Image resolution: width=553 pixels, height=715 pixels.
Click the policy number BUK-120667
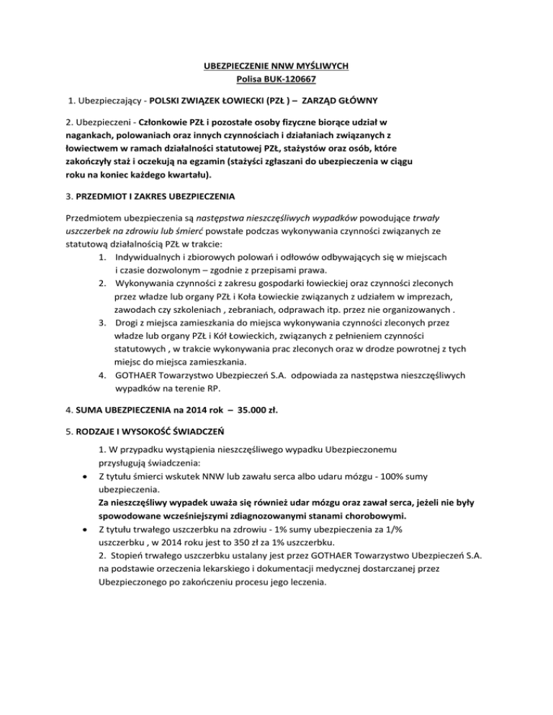pyautogui.click(x=290, y=78)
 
